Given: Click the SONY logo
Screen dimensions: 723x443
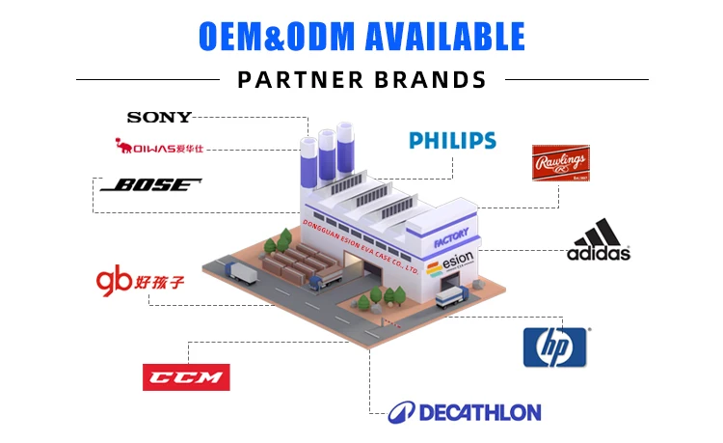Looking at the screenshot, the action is point(159,118).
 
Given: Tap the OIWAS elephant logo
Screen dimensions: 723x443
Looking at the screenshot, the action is point(159,148).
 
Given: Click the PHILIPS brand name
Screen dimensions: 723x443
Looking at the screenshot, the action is point(452,141).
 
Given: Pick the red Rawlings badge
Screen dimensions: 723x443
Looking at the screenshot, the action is point(560,164).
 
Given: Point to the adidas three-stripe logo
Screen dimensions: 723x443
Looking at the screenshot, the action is point(598,240).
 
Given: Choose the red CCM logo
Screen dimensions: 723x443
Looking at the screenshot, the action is point(186,376).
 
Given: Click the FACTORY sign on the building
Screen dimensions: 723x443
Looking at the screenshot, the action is point(451,235).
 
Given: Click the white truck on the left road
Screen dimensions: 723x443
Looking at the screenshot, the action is point(243,276).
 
